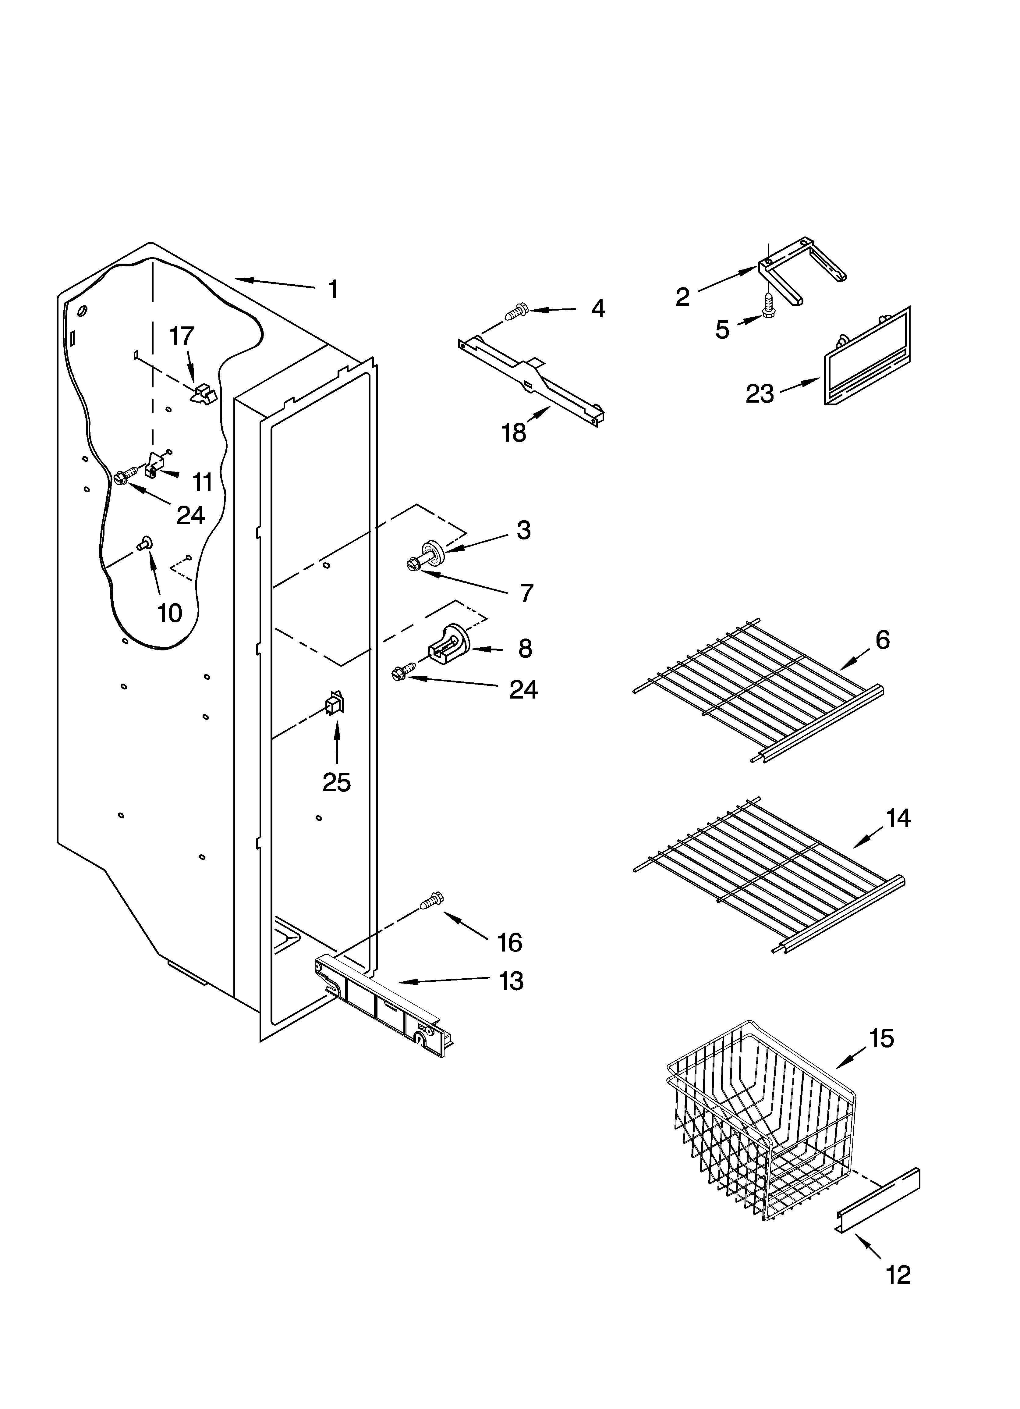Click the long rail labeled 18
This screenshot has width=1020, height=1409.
(x=531, y=380)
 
